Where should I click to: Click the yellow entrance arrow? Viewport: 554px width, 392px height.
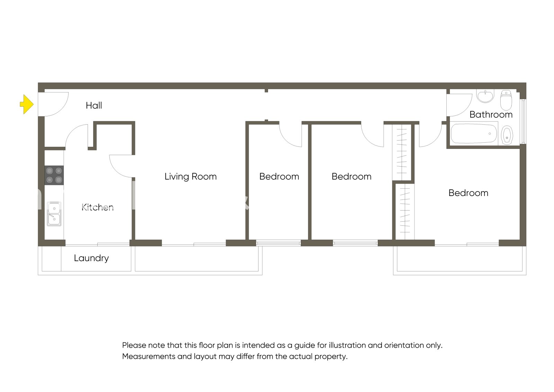[x=27, y=104]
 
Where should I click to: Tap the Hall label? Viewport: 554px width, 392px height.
[x=94, y=106]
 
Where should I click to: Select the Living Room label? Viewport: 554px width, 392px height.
[x=190, y=177]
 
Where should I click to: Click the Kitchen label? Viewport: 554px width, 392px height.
[x=97, y=207]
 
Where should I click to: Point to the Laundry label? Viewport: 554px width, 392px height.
[x=91, y=258]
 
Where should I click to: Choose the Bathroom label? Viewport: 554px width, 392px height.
[x=491, y=115]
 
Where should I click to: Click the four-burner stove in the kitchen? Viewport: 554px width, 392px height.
[x=54, y=175]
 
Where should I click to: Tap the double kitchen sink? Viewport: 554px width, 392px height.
[x=54, y=214]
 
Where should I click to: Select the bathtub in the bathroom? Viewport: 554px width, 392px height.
[x=474, y=134]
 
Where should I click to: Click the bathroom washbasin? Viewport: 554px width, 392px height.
[x=485, y=97]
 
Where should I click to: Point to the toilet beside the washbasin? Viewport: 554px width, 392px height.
[x=506, y=100]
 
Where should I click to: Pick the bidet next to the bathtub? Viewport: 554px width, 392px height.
[x=507, y=135]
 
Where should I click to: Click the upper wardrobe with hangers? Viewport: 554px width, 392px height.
[x=402, y=152]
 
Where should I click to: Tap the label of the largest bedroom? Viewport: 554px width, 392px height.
[x=468, y=193]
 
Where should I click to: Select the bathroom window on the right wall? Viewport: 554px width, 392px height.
[x=523, y=121]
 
